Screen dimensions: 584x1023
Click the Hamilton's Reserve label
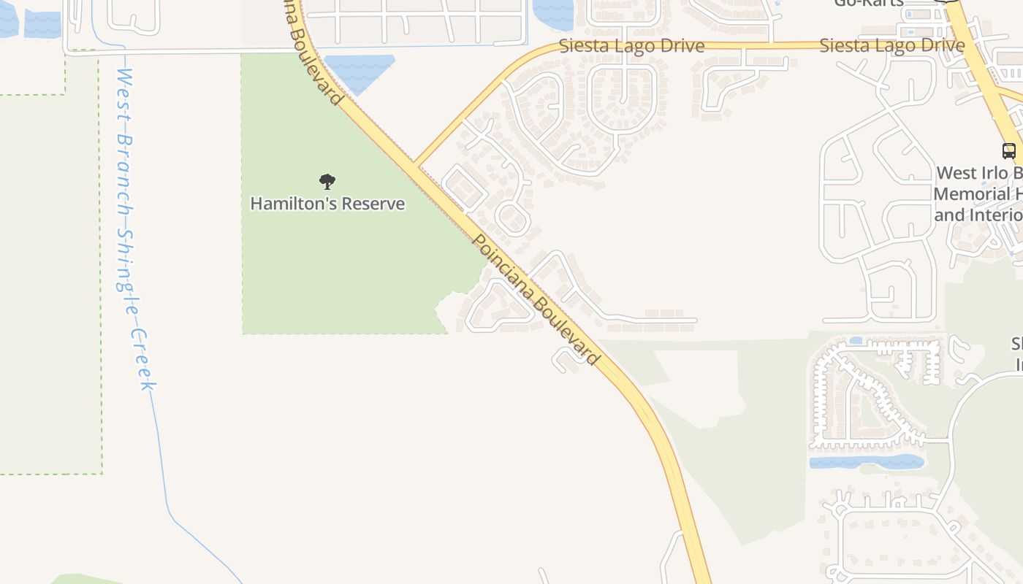tap(327, 203)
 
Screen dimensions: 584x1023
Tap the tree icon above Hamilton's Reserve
tap(327, 181)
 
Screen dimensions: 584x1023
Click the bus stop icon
tap(1009, 151)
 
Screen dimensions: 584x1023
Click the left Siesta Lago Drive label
tap(631, 46)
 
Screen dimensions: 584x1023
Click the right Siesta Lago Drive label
tap(891, 45)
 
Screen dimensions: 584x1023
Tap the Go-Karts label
tap(869, 3)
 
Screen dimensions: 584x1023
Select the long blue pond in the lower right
tap(867, 461)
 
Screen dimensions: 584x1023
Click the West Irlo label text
tap(979, 173)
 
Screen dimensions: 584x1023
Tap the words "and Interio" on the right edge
tap(978, 215)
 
